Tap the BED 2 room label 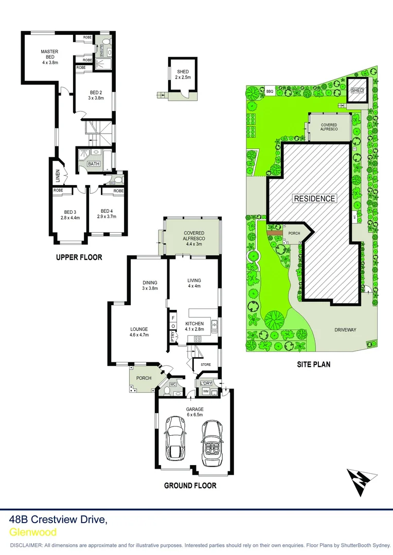click(96, 95)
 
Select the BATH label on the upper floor click(93, 164)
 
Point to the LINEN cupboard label click(58, 176)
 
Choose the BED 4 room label click(106, 214)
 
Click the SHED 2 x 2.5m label click(183, 75)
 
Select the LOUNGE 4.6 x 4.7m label click(139, 332)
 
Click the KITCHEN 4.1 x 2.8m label click(194, 326)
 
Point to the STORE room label click(206, 365)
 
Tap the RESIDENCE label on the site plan click(315, 198)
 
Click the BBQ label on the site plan click(270, 91)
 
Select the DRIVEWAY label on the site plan click(345, 330)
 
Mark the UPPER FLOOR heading click(79, 257)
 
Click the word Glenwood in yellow click(33, 532)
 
